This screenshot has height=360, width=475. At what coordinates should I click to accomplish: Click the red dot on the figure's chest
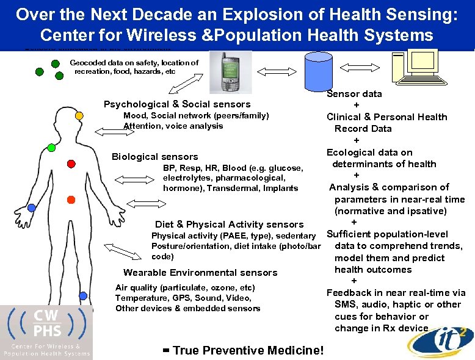71,164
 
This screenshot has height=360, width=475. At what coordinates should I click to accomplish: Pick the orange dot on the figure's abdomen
71,200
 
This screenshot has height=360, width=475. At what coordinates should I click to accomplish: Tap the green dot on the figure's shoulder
51,148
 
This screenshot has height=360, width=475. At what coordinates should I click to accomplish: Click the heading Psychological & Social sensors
177,104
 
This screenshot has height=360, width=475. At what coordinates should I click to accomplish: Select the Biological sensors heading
154,157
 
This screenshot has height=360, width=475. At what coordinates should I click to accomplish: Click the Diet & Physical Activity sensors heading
229,224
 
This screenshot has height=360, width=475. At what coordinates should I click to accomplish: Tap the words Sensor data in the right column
354,94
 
